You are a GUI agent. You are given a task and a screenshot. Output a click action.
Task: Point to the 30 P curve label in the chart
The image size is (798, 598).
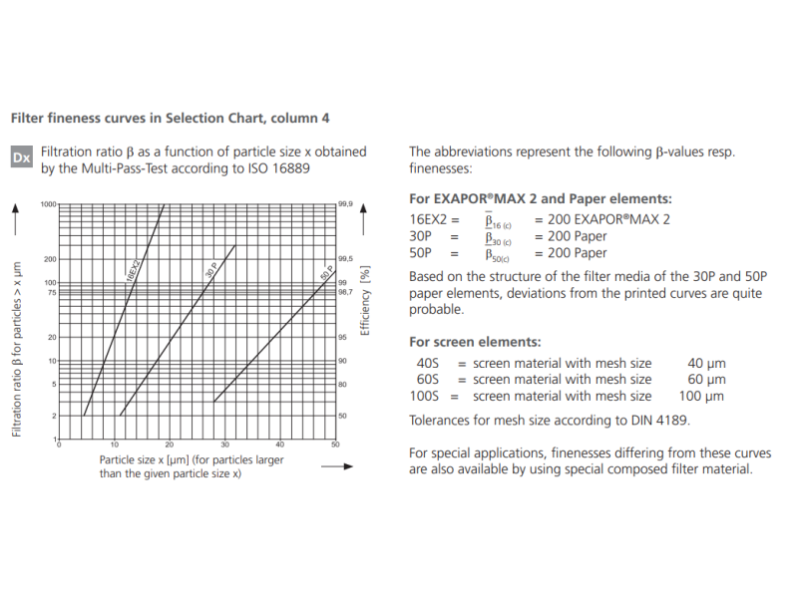(211, 271)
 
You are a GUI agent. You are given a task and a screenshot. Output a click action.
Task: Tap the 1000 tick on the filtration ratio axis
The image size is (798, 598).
(48, 203)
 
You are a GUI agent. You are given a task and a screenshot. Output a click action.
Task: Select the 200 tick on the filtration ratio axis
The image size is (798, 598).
(50, 259)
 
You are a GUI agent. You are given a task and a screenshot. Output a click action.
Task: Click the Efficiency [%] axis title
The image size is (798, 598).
(365, 300)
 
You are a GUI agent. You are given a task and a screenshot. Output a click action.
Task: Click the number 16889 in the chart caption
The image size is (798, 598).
(288, 168)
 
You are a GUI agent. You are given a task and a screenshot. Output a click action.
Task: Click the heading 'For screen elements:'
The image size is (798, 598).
(475, 341)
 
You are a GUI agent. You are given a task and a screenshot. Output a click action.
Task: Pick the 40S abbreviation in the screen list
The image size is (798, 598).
(426, 363)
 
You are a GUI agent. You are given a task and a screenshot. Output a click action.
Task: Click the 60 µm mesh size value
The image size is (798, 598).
(706, 379)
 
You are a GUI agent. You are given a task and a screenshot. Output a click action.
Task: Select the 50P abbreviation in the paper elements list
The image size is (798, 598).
(421, 254)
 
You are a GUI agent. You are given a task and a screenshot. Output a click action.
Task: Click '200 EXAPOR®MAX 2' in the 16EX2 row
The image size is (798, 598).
(602, 218)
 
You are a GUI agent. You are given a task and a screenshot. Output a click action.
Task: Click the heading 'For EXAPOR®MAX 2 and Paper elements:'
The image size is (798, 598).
(541, 198)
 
